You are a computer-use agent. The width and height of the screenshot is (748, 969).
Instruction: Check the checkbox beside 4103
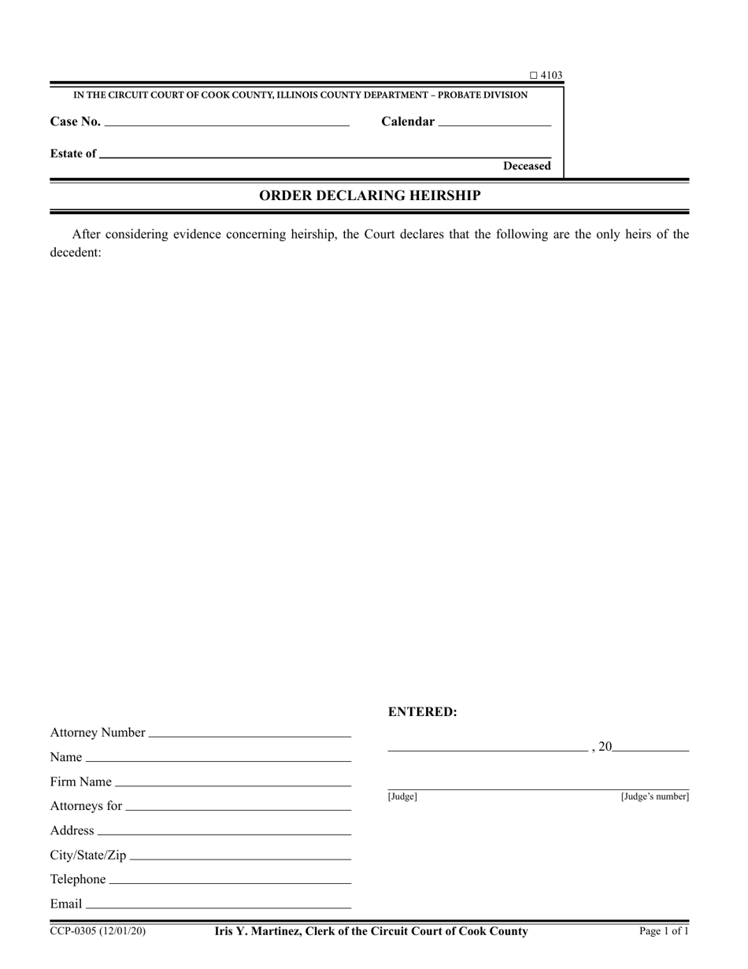(x=533, y=76)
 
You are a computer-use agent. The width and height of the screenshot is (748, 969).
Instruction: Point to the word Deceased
(x=527, y=166)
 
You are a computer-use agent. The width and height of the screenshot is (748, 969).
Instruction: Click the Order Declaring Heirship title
(x=370, y=195)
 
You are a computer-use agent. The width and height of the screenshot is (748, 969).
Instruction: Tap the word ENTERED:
(x=422, y=712)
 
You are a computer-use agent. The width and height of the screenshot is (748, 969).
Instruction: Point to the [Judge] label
(x=402, y=796)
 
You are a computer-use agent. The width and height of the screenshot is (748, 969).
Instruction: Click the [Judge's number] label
(x=654, y=796)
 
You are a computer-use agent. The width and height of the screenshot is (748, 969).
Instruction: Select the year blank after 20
(x=650, y=748)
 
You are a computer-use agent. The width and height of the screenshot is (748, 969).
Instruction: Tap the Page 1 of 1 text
(x=664, y=931)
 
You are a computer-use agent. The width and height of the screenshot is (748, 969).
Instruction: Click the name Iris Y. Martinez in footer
(x=255, y=931)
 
